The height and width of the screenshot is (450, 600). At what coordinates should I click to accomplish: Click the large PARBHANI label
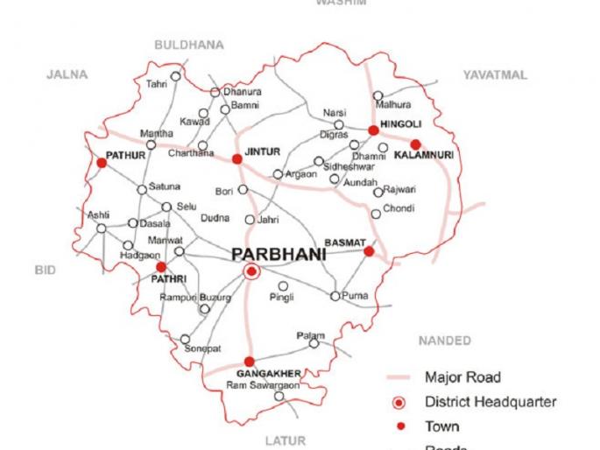[x=279, y=255]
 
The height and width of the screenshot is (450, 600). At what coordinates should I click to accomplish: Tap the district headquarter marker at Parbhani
[x=251, y=272]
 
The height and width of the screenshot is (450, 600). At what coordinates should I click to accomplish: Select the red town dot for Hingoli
[x=373, y=130]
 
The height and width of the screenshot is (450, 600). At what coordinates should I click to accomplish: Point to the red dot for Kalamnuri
[x=415, y=144]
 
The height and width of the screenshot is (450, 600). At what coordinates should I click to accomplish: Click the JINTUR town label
[x=263, y=151]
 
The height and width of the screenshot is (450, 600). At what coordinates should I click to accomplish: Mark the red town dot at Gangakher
[x=250, y=362]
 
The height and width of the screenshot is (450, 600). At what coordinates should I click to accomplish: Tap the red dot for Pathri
[x=161, y=267]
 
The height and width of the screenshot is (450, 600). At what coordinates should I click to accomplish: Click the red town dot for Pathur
[x=102, y=163]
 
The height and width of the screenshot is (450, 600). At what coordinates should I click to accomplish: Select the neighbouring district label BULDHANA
[x=188, y=45]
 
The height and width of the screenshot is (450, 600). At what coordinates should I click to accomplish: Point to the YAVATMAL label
[x=495, y=75]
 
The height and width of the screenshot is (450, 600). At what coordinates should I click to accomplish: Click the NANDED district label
[x=445, y=341]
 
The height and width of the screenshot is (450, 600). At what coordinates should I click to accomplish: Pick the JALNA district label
[x=67, y=75]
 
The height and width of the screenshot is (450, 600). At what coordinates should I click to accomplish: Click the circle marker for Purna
[x=335, y=296]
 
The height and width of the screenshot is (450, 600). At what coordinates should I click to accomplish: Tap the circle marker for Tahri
[x=175, y=76]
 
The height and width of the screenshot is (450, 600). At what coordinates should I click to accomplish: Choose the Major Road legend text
[x=462, y=377]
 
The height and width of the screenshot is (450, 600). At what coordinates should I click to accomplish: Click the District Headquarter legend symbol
[x=399, y=402]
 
